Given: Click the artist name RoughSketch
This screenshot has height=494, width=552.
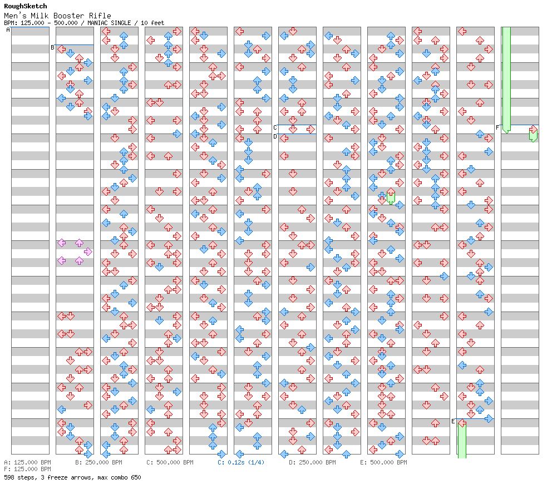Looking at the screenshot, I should click(25, 6).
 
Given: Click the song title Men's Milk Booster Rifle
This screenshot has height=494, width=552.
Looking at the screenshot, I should click(57, 16).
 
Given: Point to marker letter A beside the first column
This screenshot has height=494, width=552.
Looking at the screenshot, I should click(8, 30).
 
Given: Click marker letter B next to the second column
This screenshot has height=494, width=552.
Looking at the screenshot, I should click(52, 47).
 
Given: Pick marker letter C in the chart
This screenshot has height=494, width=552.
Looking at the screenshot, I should click(275, 127).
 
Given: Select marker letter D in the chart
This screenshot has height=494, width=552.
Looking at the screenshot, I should click(275, 136).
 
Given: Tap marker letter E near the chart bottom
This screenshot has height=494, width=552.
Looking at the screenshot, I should click(453, 421).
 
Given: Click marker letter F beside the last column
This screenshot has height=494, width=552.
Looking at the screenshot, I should click(497, 127).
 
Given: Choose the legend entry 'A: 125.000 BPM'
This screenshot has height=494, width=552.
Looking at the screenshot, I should click(27, 462).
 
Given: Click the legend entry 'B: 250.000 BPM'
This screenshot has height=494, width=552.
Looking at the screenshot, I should click(98, 462).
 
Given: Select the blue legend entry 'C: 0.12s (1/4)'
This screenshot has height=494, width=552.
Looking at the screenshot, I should click(241, 462).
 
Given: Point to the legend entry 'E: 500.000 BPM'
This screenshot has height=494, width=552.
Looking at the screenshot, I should click(383, 462).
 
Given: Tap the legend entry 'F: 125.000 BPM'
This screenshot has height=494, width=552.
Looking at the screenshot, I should click(27, 469).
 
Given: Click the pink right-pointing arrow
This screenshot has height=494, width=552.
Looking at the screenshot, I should click(88, 251).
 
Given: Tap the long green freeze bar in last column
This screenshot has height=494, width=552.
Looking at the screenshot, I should click(506, 78).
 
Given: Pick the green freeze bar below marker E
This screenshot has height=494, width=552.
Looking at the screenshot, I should click(462, 439).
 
